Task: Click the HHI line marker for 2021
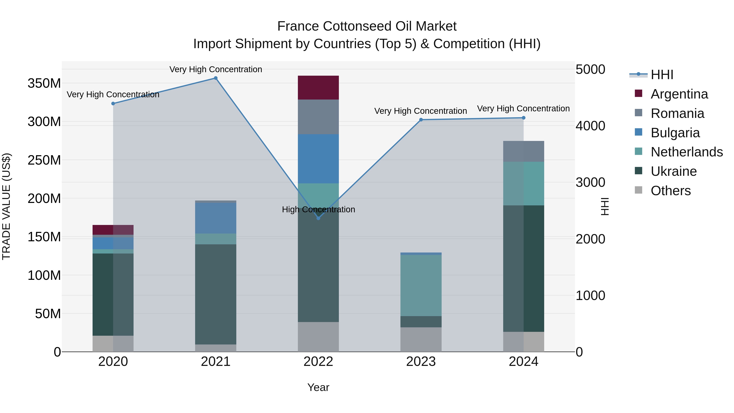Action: coord(216,78)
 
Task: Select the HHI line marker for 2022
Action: coord(318,218)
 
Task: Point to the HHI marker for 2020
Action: coord(113,103)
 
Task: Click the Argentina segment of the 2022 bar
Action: coord(318,87)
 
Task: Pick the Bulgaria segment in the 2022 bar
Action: coord(318,158)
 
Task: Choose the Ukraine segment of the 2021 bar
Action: coord(216,294)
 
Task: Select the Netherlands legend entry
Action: coord(686,152)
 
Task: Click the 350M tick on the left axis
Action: coord(44,83)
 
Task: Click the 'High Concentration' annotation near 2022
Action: coord(318,209)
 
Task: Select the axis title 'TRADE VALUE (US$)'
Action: coord(6,206)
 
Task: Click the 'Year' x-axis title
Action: coord(318,387)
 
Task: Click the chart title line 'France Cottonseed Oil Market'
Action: coord(367,26)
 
